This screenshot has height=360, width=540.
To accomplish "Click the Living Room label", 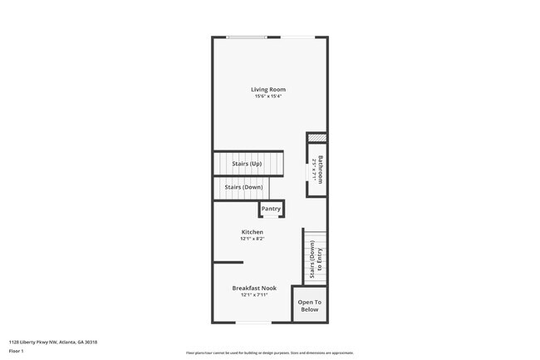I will click(x=268, y=89).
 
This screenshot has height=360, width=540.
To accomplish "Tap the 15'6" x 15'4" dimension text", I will click(x=268, y=96).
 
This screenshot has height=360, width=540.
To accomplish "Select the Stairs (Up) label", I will click(x=246, y=164).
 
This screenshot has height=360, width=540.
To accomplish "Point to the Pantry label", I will click(x=272, y=209).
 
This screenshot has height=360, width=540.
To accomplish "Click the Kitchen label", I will click(x=253, y=232).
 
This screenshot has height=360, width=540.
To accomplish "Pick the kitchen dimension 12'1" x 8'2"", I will click(x=253, y=239).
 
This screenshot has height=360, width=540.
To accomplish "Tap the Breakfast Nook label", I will click(x=254, y=288).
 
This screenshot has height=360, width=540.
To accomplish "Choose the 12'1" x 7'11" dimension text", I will click(x=254, y=294).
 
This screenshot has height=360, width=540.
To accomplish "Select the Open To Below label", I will click(x=309, y=305).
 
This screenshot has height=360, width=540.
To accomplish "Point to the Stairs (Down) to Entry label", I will click(x=316, y=259).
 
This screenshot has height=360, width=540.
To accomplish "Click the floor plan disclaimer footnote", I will click(x=269, y=353).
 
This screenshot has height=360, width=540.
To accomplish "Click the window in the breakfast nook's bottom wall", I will click(x=253, y=323).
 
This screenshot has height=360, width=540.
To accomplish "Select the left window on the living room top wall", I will click(x=248, y=37).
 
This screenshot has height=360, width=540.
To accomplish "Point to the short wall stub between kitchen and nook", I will click(x=222, y=262).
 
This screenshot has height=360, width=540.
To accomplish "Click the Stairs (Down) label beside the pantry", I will click(x=243, y=187).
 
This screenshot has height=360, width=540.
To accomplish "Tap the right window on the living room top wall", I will click(x=297, y=37).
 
